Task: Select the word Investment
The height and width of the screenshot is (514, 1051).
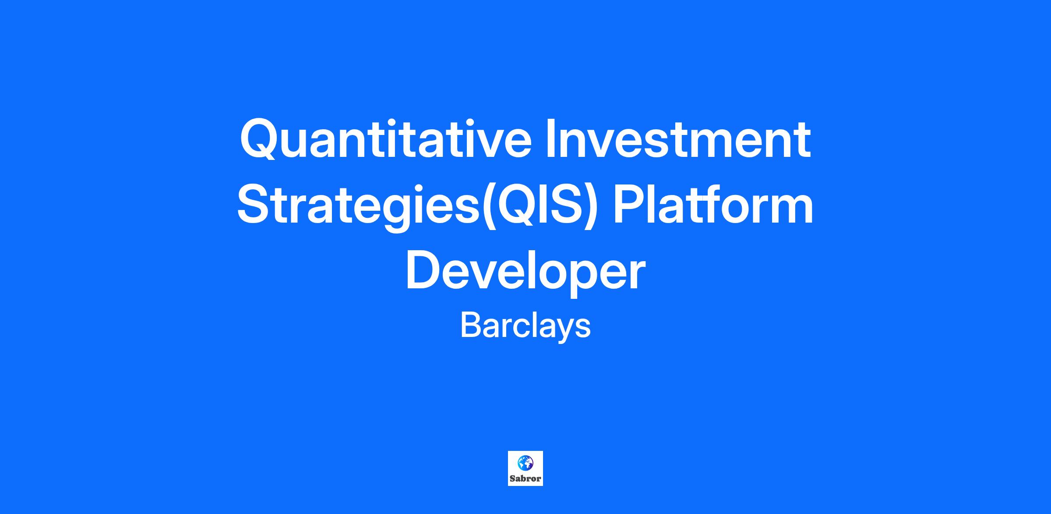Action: (x=678, y=138)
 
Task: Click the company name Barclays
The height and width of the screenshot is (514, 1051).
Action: (x=525, y=326)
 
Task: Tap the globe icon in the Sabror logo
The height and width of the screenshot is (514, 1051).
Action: (x=525, y=462)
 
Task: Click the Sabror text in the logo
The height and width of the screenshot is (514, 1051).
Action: (x=525, y=479)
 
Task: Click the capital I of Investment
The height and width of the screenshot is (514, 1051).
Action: (x=550, y=138)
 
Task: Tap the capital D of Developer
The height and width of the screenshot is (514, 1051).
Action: (x=424, y=271)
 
